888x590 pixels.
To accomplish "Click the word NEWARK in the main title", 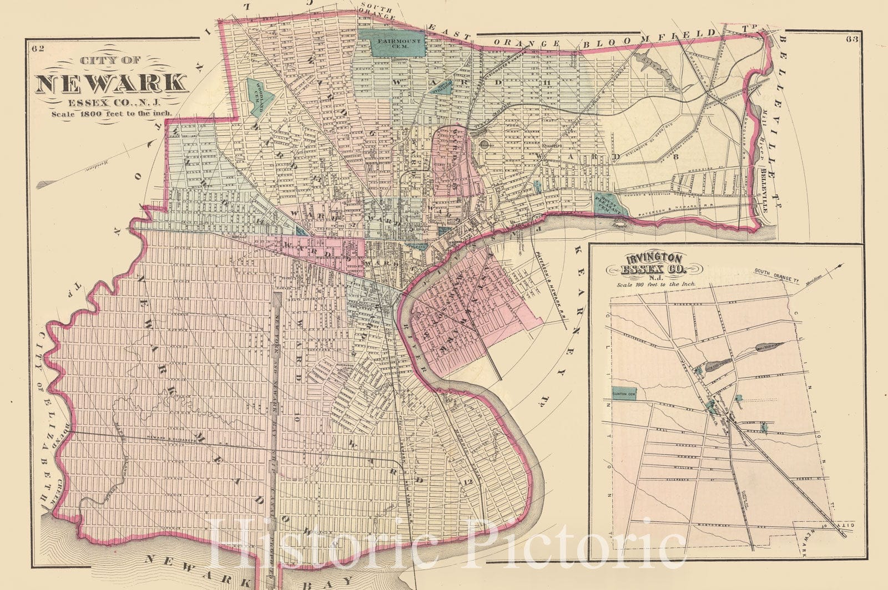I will [x=111, y=83].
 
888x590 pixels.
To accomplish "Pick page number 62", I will [x=38, y=48].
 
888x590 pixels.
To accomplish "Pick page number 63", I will [x=853, y=39].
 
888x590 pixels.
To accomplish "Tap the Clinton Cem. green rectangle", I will [x=624, y=393].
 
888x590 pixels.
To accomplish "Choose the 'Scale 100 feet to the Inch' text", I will [x=655, y=283].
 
